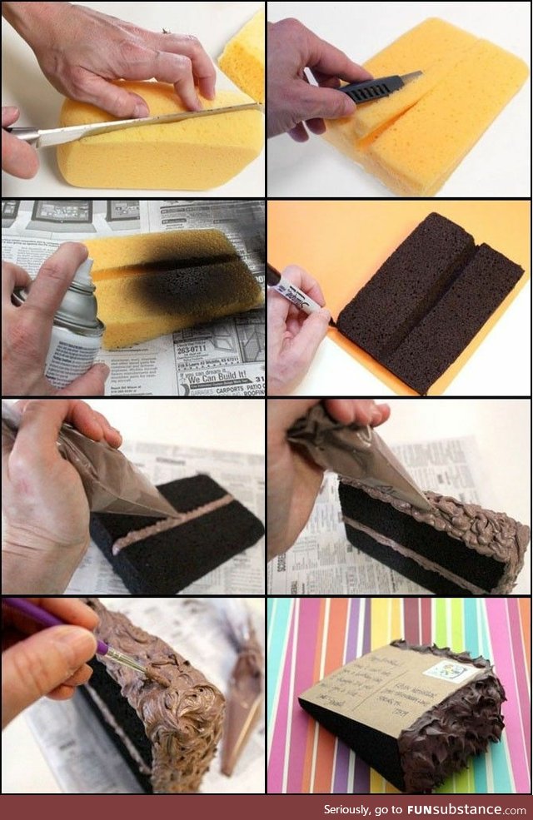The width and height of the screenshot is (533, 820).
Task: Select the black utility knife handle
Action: point(374,88)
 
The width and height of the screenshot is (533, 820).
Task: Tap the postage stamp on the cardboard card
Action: point(445,670)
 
